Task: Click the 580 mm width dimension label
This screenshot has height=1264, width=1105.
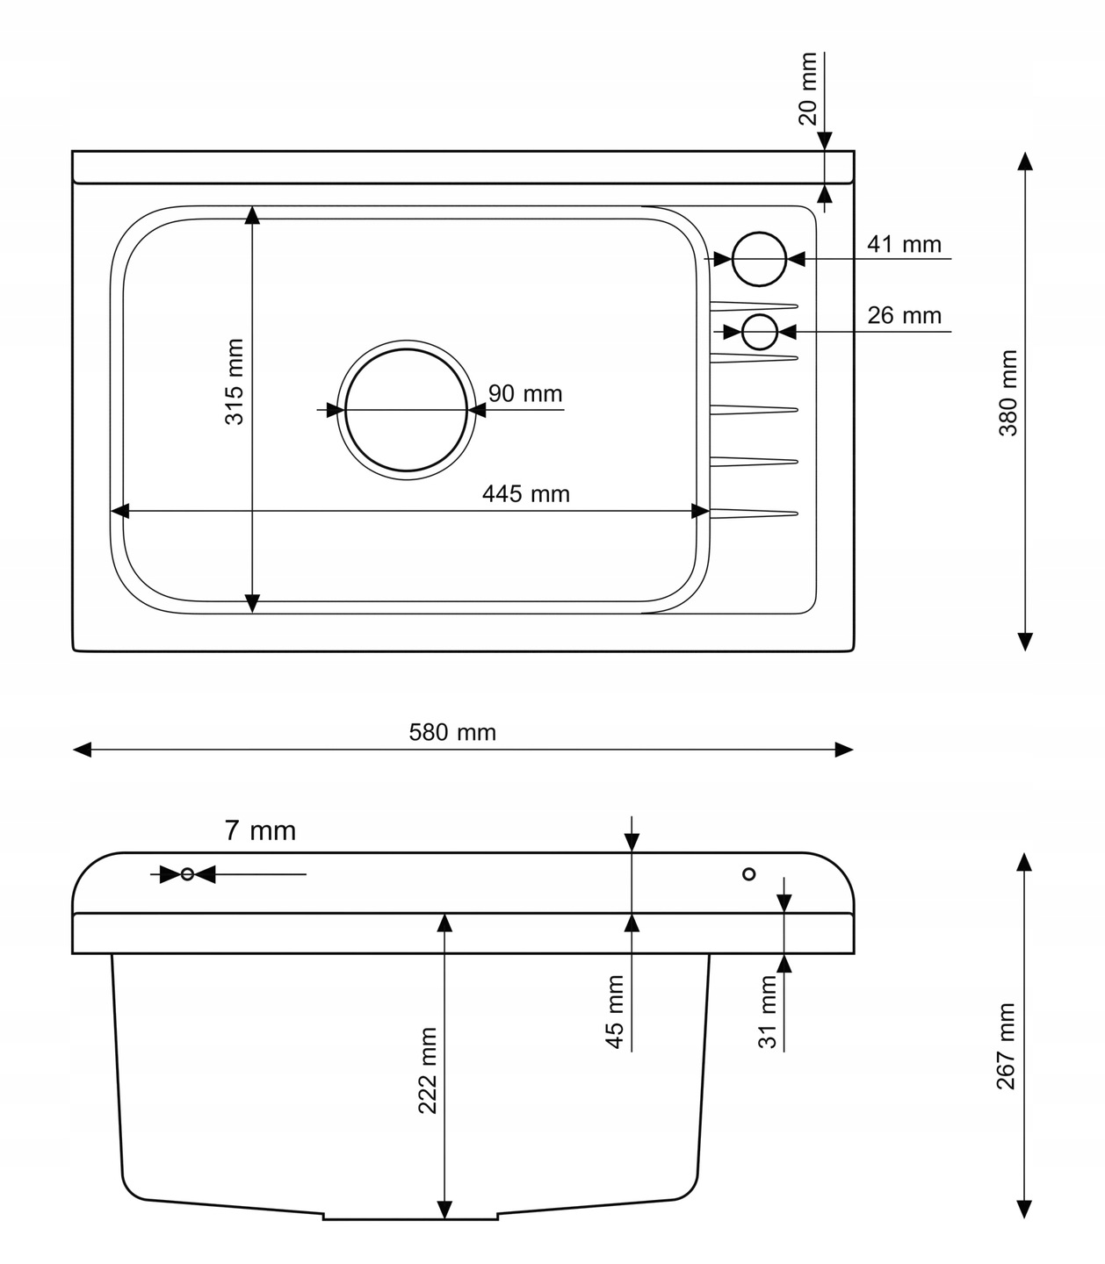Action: pyautogui.click(x=452, y=733)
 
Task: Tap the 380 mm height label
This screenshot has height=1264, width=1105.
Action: pyautogui.click(x=1008, y=393)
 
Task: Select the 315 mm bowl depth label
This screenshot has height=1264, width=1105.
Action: pyautogui.click(x=235, y=382)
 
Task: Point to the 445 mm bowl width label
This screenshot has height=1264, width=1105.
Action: pyautogui.click(x=526, y=494)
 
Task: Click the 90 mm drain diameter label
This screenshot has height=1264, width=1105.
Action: pyautogui.click(x=525, y=393)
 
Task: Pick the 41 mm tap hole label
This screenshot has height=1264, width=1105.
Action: pyautogui.click(x=904, y=245)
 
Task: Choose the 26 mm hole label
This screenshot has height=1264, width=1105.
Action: pyautogui.click(x=904, y=316)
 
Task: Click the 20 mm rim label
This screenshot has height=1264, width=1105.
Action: pyautogui.click(x=808, y=89)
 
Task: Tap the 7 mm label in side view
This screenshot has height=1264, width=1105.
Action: pyautogui.click(x=260, y=831)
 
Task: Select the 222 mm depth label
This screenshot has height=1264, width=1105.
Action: pyautogui.click(x=428, y=1071)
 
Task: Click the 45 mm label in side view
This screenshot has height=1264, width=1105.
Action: pyautogui.click(x=614, y=1012)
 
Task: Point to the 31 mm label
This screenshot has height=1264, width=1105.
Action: pyautogui.click(x=767, y=1012)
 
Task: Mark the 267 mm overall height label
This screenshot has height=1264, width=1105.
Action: pyautogui.click(x=1006, y=1046)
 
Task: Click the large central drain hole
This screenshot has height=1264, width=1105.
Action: pyautogui.click(x=406, y=349)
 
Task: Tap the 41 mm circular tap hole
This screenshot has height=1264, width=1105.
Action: pyautogui.click(x=759, y=233)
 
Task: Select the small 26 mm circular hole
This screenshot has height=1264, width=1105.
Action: pyautogui.click(x=760, y=314)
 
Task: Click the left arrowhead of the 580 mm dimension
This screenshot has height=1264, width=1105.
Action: pyautogui.click(x=83, y=750)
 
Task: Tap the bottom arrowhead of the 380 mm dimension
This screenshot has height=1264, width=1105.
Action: pyautogui.click(x=1025, y=642)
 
